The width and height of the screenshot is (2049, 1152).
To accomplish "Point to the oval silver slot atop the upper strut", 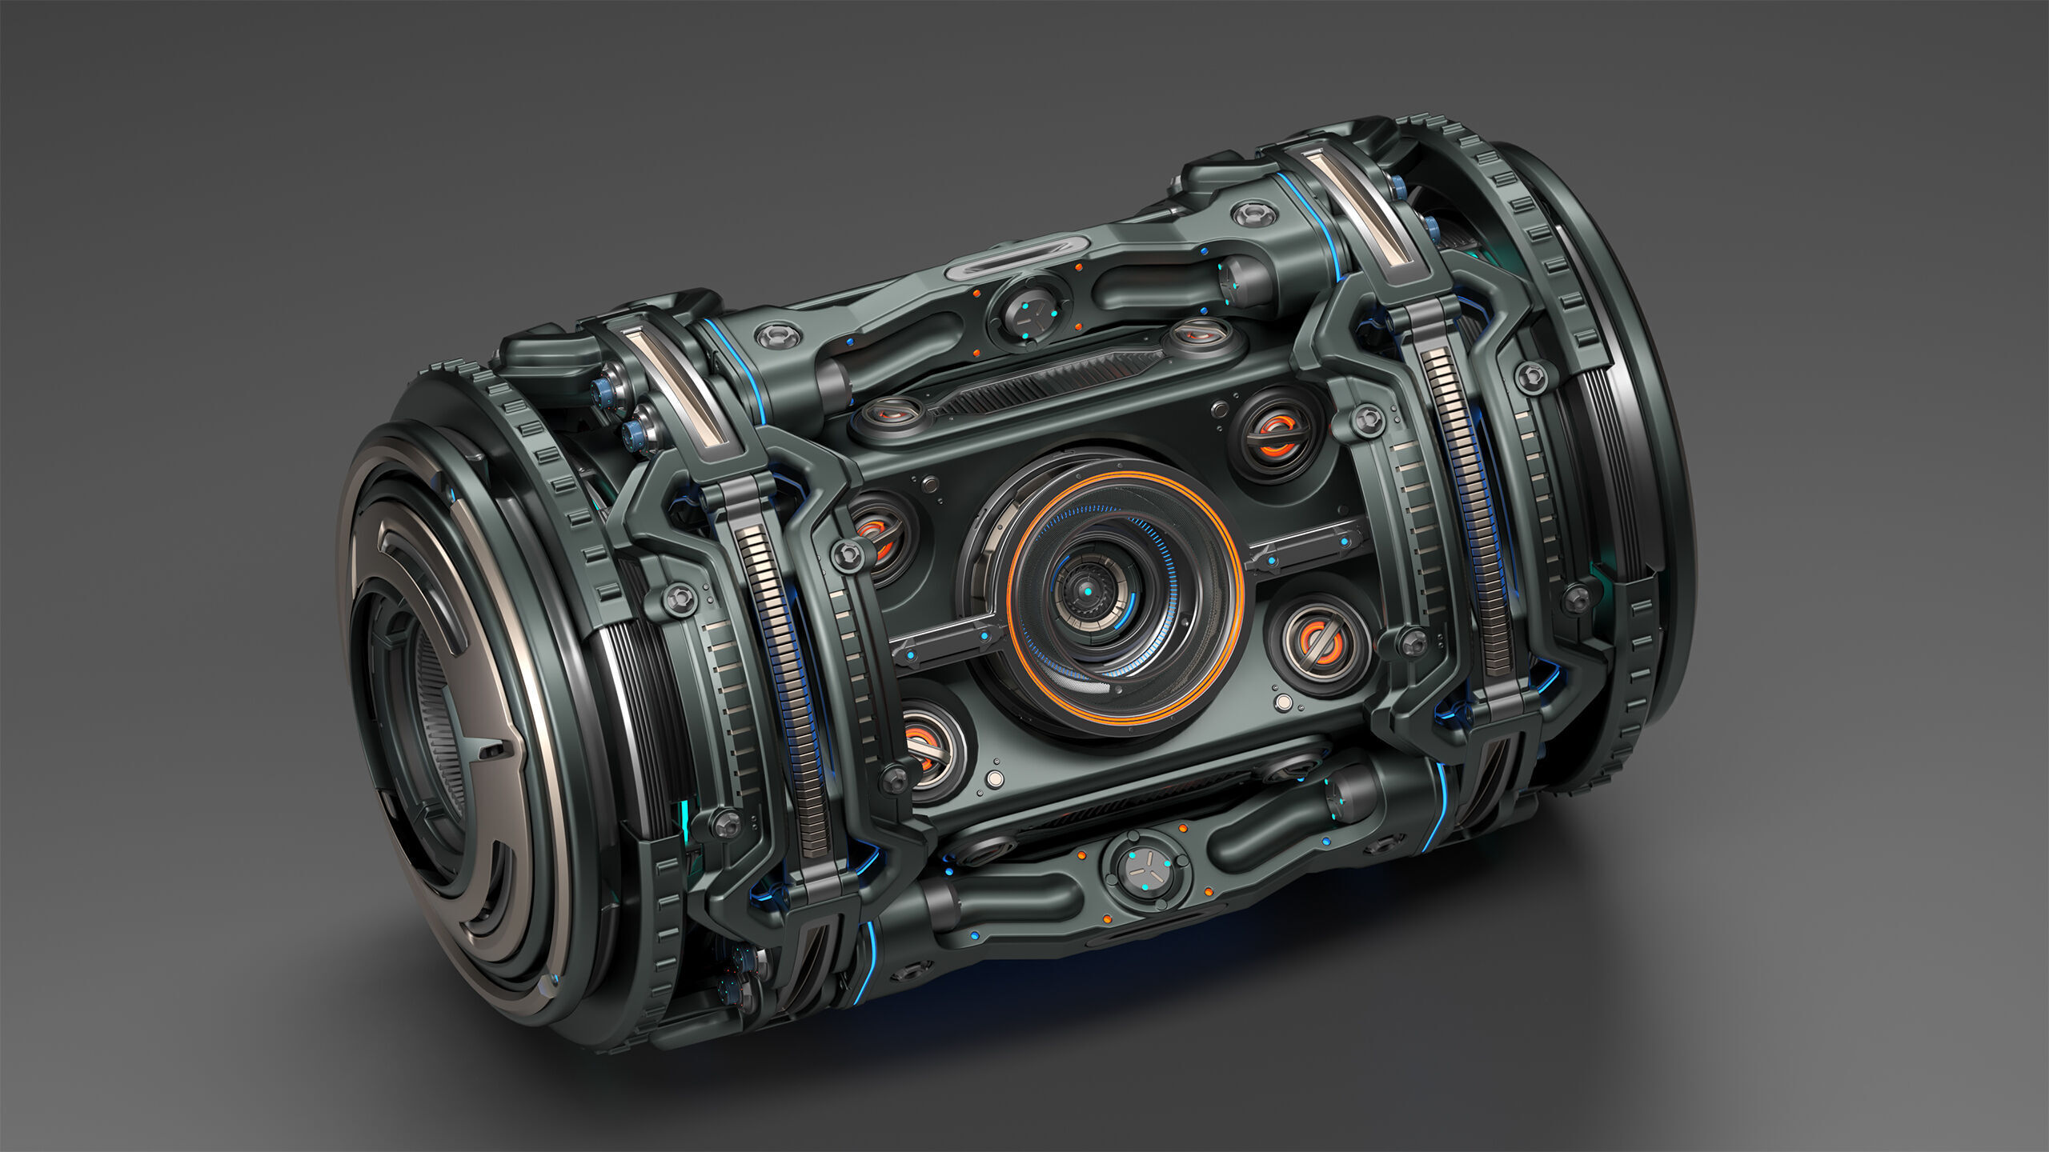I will coord(1016,258).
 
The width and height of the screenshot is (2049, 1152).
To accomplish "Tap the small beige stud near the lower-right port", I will coord(1284,702).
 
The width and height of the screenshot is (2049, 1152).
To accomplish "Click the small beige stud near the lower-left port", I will coord(995,778).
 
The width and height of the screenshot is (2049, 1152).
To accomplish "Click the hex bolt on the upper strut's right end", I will coord(1254,214).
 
